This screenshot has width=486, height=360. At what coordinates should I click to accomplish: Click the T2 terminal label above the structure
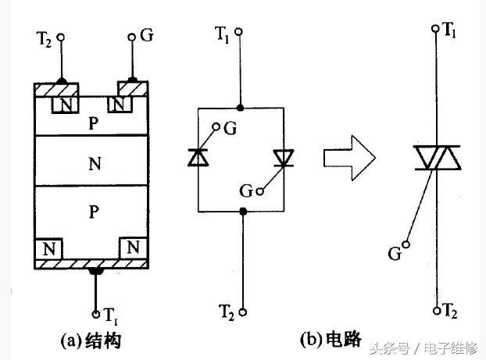coord(45,38)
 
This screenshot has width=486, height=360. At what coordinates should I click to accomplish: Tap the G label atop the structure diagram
coord(146,37)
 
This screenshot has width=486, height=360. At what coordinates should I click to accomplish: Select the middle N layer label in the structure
coord(95,165)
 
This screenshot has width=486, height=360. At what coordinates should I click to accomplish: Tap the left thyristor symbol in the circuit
coord(198,159)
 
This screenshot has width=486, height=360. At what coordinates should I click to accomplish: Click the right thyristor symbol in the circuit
coord(283,159)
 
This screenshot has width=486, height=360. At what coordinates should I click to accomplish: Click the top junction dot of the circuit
coord(241,106)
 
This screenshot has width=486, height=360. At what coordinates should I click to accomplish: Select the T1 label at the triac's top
coord(450,30)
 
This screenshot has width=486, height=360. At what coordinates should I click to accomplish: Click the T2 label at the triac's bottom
coord(450,311)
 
